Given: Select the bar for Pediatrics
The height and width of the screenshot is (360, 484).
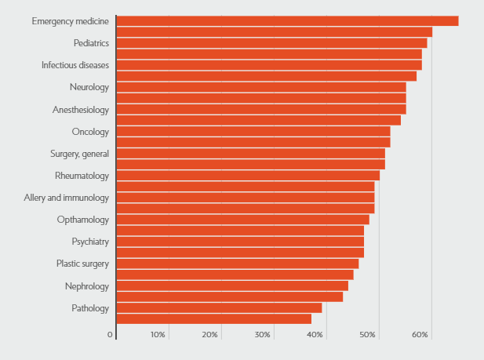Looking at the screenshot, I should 271,42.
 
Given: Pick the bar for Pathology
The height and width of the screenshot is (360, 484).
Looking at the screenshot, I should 219,308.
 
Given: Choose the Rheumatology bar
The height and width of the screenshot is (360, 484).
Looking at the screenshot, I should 248,176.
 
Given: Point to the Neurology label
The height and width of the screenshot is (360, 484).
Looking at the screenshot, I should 89,87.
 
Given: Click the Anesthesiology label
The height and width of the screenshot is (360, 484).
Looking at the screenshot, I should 80,109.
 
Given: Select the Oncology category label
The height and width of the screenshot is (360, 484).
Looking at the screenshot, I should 90,131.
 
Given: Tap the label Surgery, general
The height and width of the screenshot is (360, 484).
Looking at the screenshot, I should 79,153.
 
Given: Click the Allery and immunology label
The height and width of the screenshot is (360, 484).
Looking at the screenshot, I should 66,198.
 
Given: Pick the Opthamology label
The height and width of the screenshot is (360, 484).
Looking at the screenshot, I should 82,220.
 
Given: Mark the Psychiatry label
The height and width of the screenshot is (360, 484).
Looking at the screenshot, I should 90,242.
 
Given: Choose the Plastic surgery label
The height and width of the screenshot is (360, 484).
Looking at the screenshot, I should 82,264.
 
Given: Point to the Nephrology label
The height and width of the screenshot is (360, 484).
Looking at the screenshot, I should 86,286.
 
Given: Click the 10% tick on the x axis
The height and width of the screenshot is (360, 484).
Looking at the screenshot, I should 158,335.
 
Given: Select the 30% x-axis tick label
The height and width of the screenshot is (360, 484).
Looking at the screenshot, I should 263,335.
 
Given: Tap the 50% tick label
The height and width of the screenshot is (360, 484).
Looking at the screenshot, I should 368,335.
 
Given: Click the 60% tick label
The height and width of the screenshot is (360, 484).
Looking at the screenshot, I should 420,335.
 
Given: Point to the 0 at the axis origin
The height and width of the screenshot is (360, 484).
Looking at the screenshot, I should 111,335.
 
